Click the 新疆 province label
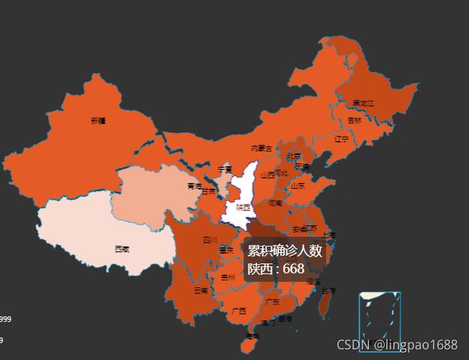click(x=99, y=120)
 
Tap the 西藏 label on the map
click(x=122, y=249)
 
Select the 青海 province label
click(x=194, y=186)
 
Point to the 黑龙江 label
click(x=363, y=103)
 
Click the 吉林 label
click(x=355, y=120)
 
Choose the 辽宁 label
click(x=341, y=138)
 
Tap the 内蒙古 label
click(x=262, y=148)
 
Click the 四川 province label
click(x=209, y=240)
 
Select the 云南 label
click(x=201, y=291)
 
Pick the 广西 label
click(x=239, y=311)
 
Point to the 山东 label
click(x=298, y=185)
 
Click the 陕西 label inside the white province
click(x=243, y=207)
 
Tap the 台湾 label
click(x=328, y=291)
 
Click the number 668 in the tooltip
click(x=293, y=269)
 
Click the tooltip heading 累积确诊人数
click(x=285, y=251)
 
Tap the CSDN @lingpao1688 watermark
click(x=396, y=345)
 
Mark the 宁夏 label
click(x=225, y=170)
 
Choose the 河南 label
click(x=276, y=204)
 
